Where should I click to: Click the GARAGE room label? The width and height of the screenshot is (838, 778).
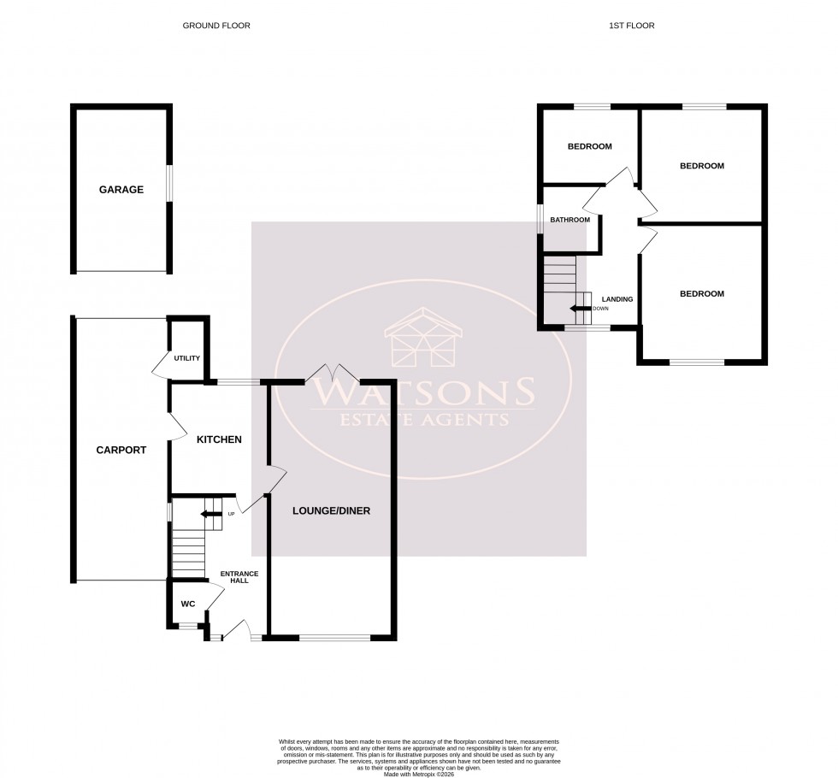pyautogui.click(x=121, y=190)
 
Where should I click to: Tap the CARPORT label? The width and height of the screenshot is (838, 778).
pyautogui.click(x=121, y=450)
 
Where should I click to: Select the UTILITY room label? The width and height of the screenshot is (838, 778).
pyautogui.click(x=186, y=357)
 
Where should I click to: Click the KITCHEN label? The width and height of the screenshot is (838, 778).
pyautogui.click(x=219, y=439)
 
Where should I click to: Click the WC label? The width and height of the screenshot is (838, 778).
pyautogui.click(x=188, y=604)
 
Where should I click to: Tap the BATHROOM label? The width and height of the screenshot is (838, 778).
pyautogui.click(x=569, y=220)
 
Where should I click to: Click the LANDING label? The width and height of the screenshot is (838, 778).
pyautogui.click(x=617, y=299)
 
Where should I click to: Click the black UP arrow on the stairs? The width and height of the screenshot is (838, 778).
pyautogui.click(x=209, y=514)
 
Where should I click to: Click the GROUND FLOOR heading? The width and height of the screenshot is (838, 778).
pyautogui.click(x=216, y=27)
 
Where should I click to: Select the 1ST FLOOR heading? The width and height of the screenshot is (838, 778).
pyautogui.click(x=631, y=27)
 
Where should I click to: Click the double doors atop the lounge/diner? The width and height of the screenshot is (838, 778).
pyautogui.click(x=333, y=373)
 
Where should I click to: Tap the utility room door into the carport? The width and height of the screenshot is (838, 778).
pyautogui.click(x=161, y=366)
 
